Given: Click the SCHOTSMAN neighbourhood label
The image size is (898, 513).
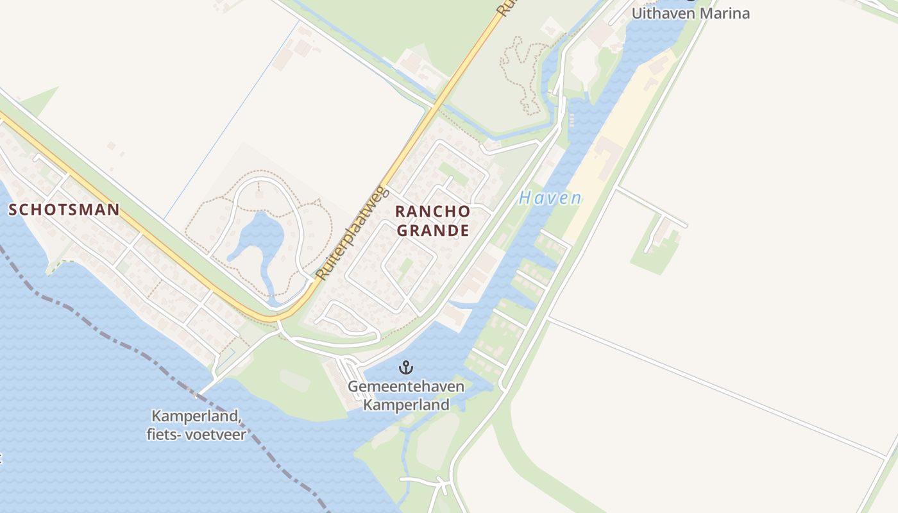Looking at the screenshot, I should (x=64, y=210).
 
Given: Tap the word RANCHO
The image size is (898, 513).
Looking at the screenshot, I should (x=432, y=212).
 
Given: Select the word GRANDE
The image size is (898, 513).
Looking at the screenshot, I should (x=432, y=230).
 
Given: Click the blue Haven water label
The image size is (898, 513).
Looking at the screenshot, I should (x=550, y=198).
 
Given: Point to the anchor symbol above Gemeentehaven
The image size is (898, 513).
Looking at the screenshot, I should (x=405, y=367).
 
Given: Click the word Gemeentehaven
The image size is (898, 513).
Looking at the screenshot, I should (x=407, y=387).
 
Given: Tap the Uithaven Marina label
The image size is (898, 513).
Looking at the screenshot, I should (x=690, y=13).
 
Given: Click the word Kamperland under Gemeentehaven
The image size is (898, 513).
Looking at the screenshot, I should (x=407, y=405).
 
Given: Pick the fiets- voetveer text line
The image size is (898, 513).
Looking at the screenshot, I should (x=196, y=434).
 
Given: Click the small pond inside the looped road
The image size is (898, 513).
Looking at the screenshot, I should (x=260, y=234).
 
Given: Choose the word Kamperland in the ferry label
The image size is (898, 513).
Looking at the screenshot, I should (x=196, y=417).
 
